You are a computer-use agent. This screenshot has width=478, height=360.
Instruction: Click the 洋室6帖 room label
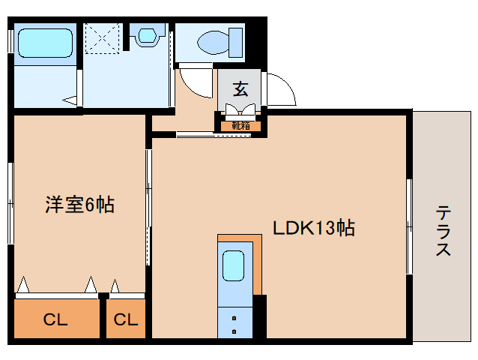[79, 203]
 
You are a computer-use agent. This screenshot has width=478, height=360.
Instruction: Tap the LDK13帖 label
[312, 227]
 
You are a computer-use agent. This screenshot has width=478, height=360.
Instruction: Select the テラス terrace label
[443, 231]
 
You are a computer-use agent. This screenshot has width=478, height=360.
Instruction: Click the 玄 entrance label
[240, 89]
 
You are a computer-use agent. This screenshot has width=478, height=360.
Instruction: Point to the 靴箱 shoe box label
[240, 126]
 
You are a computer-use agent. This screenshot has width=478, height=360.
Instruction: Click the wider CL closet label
[55, 320]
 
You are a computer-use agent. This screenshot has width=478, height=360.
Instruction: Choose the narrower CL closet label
[126, 320]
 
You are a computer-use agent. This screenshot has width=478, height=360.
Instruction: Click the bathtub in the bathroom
[44, 43]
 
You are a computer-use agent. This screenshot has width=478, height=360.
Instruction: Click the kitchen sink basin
[234, 265]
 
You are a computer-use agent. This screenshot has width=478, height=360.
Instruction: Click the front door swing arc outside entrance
[279, 89]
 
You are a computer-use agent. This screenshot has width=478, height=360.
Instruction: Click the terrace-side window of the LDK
[409, 226]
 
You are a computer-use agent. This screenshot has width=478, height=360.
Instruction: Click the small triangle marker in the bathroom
[69, 99]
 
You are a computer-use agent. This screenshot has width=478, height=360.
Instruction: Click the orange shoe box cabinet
[240, 125]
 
